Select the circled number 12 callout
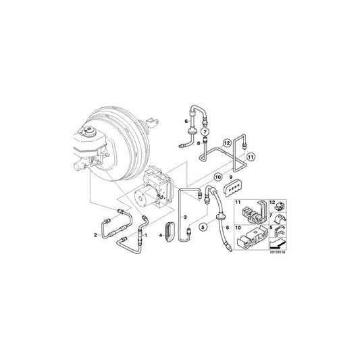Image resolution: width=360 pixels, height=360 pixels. tap(228, 143)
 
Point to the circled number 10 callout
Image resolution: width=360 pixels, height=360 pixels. tap(217, 177)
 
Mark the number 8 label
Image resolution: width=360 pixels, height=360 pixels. tap(199, 143)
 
